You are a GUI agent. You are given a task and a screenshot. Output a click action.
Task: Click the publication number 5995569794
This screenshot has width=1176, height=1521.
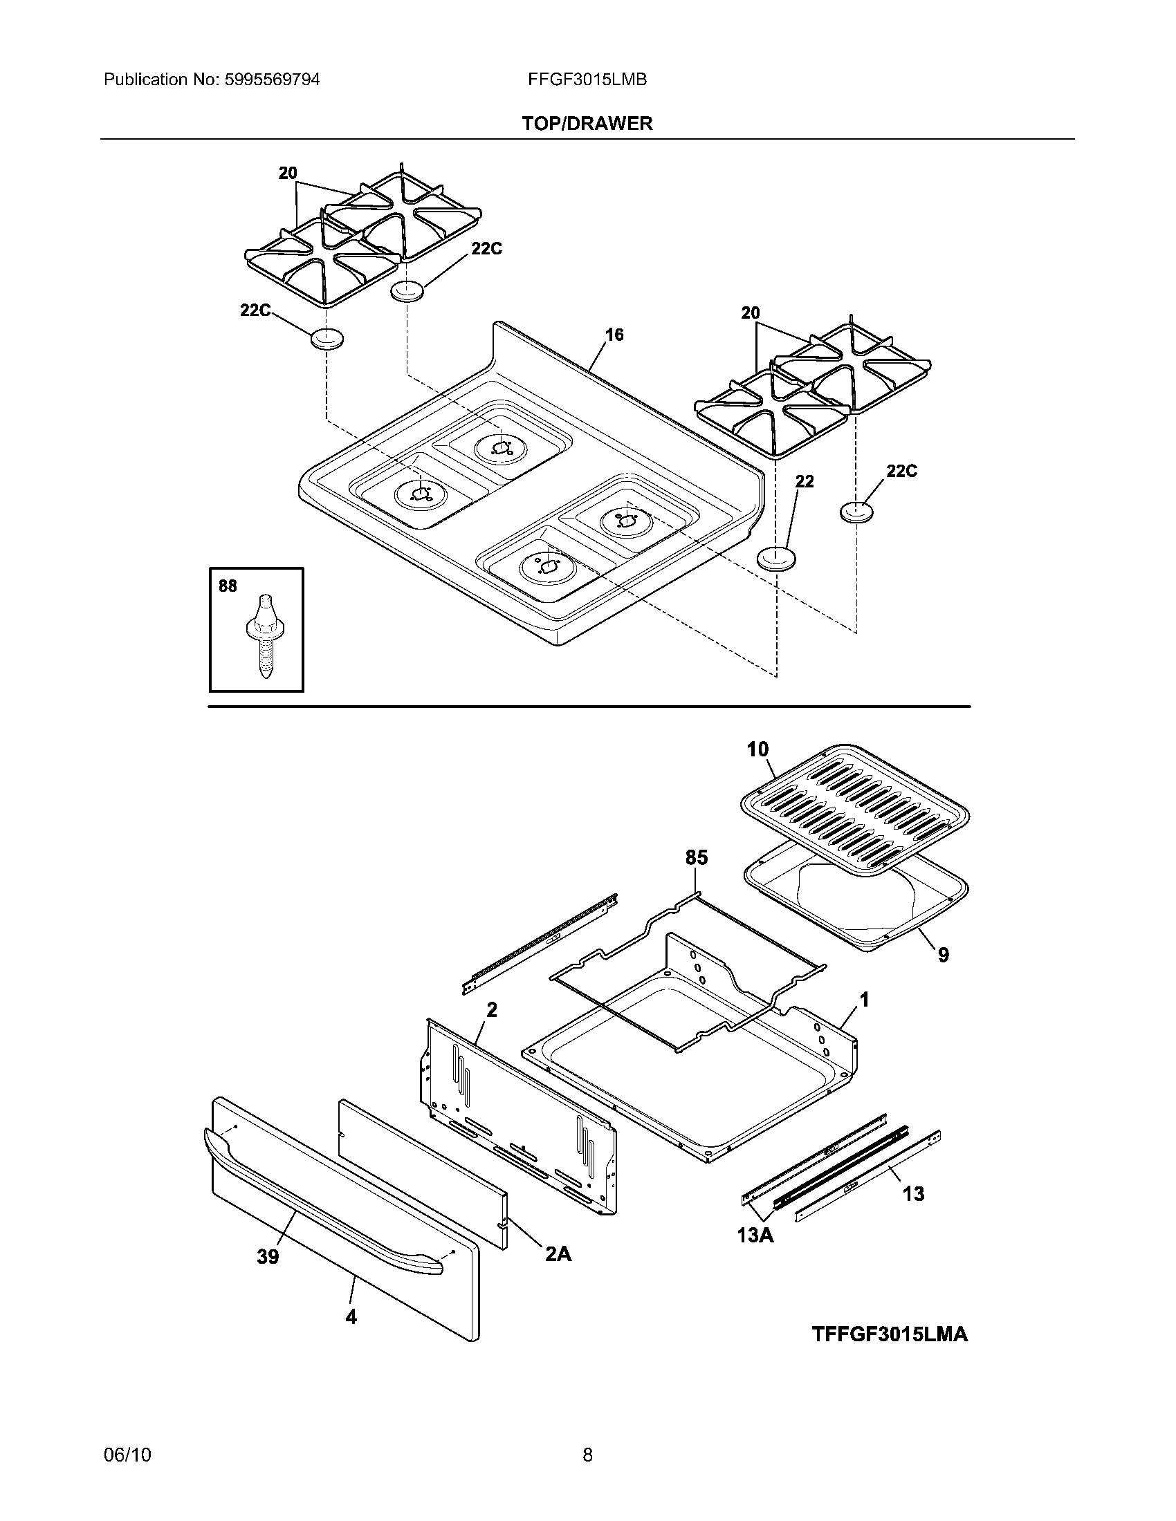point(272,80)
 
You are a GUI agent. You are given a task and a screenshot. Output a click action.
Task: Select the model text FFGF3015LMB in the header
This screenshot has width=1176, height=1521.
point(587,80)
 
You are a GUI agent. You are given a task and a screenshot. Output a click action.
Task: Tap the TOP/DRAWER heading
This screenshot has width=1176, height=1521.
point(587,123)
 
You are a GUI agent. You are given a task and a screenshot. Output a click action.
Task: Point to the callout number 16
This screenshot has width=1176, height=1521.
point(614,335)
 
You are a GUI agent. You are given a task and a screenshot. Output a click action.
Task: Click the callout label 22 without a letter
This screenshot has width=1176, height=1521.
point(804,481)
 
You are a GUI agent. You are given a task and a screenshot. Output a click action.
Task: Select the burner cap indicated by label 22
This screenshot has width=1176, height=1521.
point(775,559)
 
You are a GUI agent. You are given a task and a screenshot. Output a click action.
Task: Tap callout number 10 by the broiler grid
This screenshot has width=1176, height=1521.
point(757,749)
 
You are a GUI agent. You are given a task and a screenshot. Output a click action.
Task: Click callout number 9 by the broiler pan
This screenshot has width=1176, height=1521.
point(943,955)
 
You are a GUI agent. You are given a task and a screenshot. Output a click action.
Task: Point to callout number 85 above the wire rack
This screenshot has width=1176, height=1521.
point(696,857)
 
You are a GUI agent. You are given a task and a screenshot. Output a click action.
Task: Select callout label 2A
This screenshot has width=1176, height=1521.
point(558,1253)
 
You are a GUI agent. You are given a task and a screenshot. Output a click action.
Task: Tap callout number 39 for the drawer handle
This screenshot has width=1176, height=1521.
point(268,1256)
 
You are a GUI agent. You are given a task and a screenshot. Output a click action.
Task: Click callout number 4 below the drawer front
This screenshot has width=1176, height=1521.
point(351,1316)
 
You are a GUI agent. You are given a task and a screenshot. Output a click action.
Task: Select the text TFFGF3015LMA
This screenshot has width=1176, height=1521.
point(889,1334)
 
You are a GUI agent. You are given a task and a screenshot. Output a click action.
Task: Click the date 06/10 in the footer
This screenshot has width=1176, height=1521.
point(127,1454)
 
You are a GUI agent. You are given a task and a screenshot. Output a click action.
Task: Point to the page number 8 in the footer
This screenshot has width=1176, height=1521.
point(587,1454)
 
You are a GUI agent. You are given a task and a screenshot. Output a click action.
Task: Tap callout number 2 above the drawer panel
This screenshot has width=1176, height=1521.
point(492,1009)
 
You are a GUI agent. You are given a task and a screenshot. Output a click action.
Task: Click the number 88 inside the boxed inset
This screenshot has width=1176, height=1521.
point(228,586)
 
